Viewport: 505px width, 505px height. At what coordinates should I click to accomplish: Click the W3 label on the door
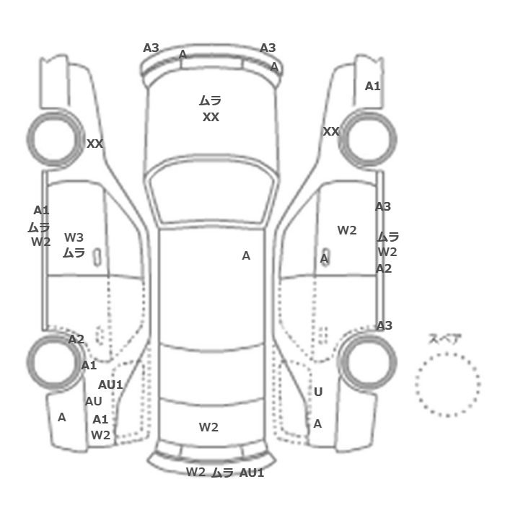tap(74, 237)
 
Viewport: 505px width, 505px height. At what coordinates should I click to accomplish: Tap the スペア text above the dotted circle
tap(445, 339)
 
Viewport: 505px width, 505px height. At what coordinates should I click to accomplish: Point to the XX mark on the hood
tap(211, 117)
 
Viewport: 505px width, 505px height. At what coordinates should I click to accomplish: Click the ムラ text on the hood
tap(210, 101)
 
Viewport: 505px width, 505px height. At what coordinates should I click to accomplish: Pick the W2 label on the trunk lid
tap(208, 427)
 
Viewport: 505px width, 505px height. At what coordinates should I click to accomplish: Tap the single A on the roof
tap(246, 255)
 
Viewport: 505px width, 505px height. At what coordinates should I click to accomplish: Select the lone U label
tap(318, 392)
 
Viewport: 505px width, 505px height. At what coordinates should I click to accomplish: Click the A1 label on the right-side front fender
tap(373, 86)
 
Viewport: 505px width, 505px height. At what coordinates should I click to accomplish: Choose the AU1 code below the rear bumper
tap(252, 473)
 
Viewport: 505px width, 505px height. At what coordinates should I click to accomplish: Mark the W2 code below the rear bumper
tap(196, 472)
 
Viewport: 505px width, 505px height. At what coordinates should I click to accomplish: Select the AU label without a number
tap(93, 401)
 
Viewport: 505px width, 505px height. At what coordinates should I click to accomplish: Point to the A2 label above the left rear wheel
tap(76, 339)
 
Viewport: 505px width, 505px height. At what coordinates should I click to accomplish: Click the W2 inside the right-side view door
tap(347, 230)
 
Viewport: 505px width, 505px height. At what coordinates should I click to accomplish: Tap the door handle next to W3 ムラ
tap(97, 258)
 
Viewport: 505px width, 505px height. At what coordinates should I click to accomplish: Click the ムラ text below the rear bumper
tap(222, 473)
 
